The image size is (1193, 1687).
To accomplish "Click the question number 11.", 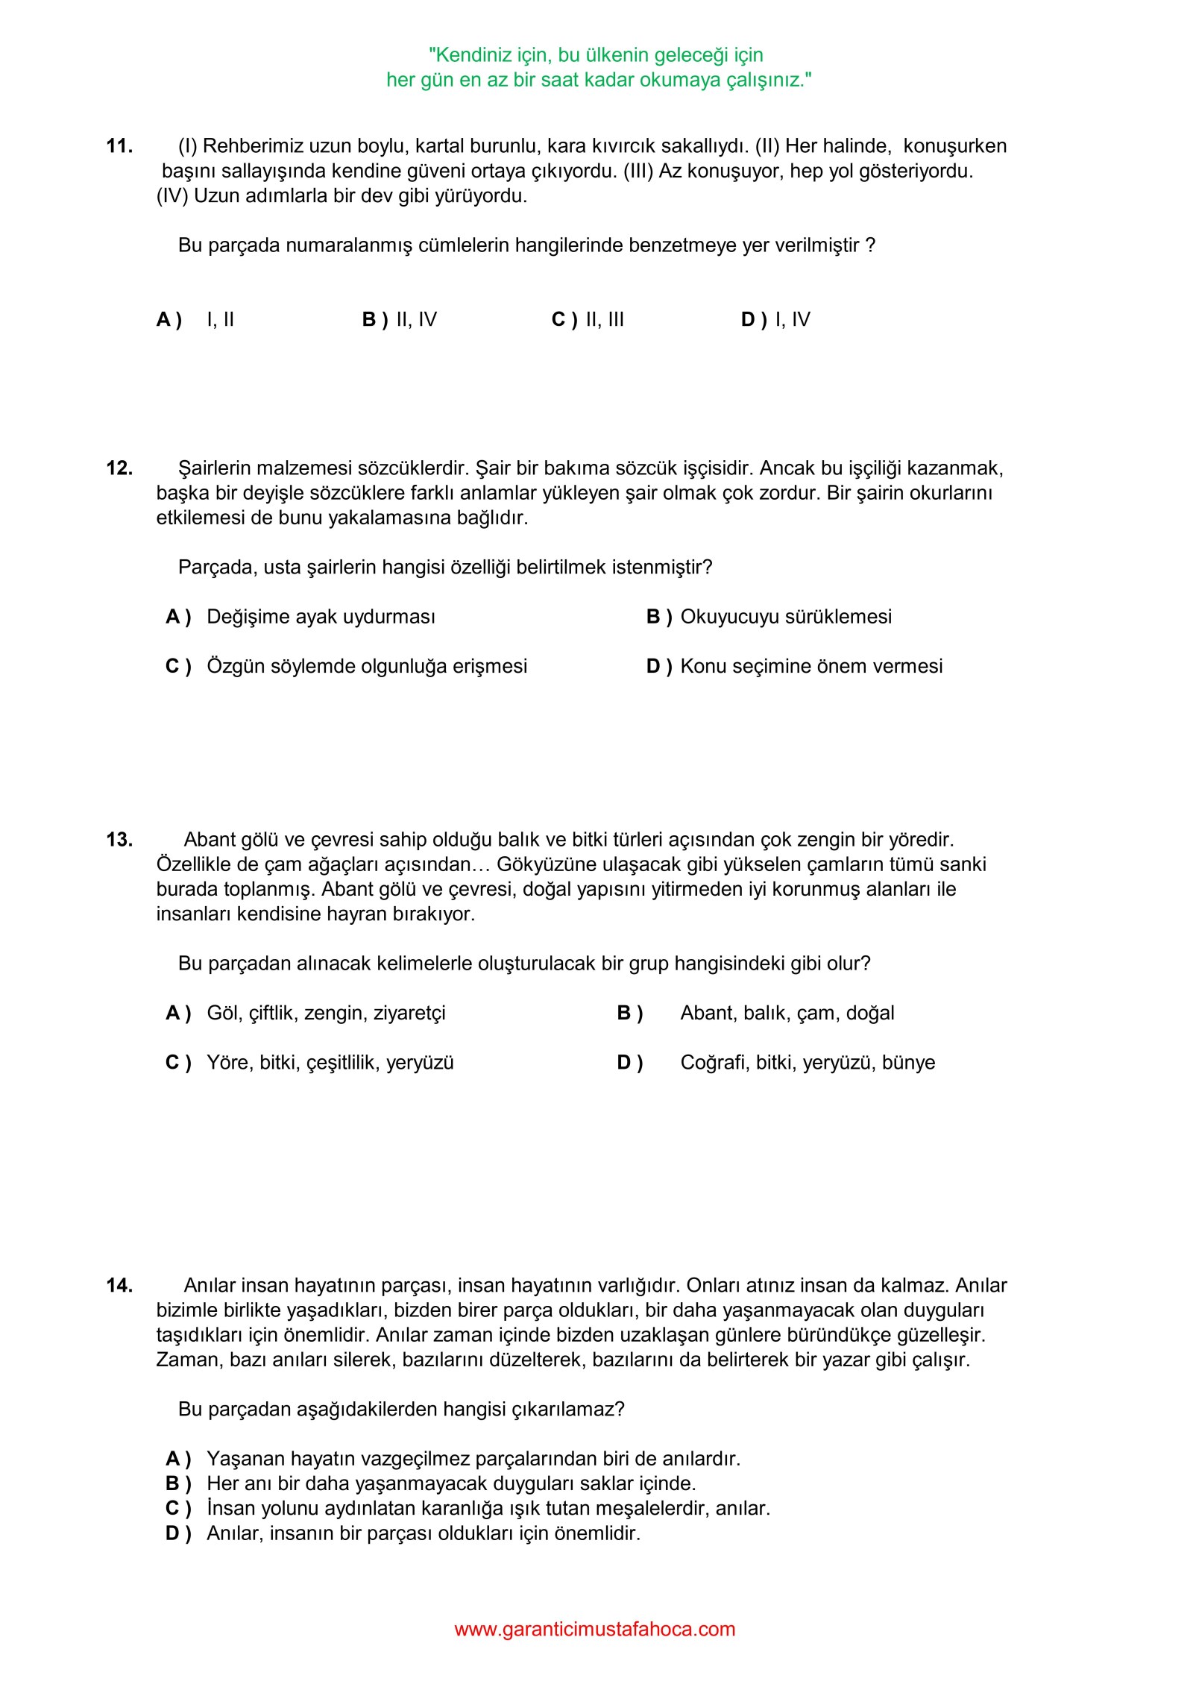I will coord(119,146).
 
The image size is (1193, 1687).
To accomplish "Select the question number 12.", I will coord(119,468).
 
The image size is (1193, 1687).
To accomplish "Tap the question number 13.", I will coord(119,840).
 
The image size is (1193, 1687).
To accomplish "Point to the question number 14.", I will coord(119,1285).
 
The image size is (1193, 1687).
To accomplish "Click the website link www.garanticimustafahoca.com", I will coord(594,1629).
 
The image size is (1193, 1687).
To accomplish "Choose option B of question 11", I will coord(400,320).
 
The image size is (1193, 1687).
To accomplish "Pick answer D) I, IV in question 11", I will coord(775,320).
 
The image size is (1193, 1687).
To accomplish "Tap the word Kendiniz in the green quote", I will coord(473,55).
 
